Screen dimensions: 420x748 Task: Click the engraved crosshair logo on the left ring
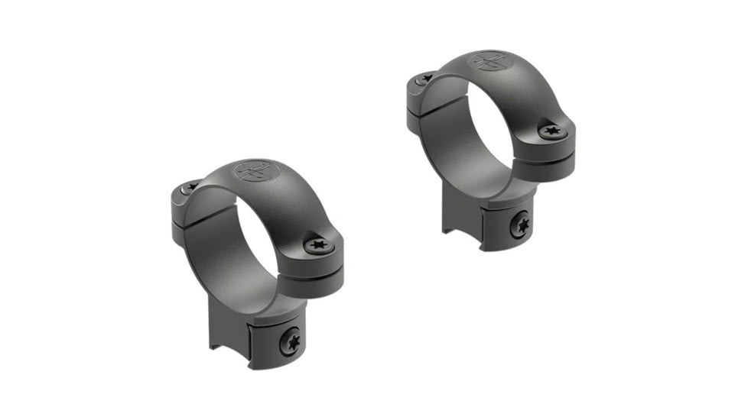pos(255,170)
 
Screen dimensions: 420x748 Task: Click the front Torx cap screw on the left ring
pos(318,245)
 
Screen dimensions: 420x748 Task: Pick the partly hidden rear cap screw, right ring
pos(423,78)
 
